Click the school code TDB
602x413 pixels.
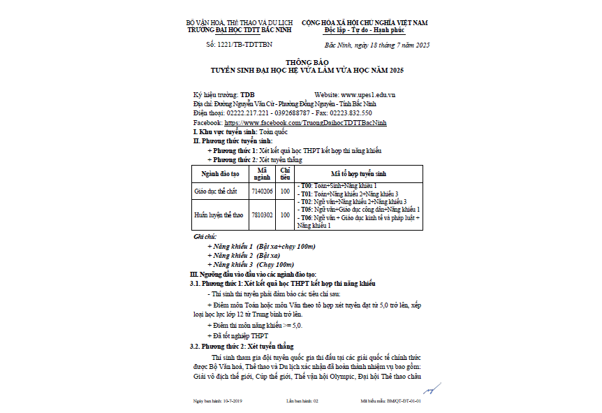click(248, 94)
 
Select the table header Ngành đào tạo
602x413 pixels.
click(220, 173)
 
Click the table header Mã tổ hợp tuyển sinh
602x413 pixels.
click(358, 173)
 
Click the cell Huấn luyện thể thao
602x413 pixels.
click(219, 215)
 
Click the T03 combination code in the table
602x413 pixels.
click(305, 201)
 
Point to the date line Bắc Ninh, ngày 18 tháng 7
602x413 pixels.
click(383, 45)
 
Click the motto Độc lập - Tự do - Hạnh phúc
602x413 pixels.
click(364, 31)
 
